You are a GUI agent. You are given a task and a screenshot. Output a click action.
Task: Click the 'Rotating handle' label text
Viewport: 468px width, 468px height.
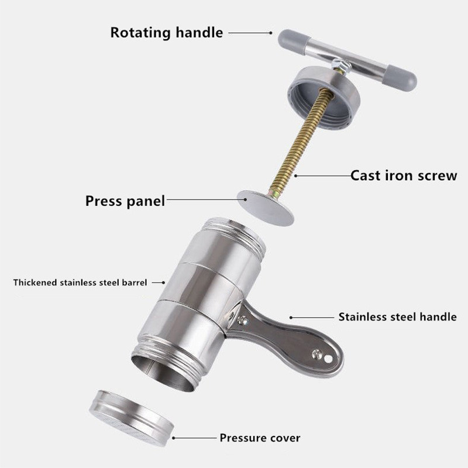[167, 33]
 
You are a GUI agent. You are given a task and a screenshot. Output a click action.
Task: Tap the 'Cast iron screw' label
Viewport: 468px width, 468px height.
[404, 175]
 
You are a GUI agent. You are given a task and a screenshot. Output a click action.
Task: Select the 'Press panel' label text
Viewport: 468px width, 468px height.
[125, 201]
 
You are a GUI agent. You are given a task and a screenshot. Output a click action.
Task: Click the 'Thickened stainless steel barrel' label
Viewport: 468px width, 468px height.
[80, 283]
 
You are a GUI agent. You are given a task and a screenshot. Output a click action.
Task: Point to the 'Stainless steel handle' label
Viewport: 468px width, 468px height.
[397, 316]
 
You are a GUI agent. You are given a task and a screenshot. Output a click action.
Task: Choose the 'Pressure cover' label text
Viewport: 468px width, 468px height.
[260, 438]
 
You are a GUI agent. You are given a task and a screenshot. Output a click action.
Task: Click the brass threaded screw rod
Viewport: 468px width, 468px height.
[301, 142]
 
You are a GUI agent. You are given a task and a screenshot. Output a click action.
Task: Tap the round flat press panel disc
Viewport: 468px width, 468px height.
[266, 208]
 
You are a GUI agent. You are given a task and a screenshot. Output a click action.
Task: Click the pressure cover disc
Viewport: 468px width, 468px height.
[131, 418]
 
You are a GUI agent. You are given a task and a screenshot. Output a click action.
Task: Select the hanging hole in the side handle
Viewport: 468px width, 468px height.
[328, 359]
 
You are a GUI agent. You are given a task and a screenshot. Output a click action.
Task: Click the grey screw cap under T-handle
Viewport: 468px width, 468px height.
[324, 97]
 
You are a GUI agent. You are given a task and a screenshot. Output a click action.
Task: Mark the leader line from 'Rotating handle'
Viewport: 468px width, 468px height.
[250, 33]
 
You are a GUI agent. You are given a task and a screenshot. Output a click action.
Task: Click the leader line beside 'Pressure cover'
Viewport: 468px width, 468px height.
[194, 438]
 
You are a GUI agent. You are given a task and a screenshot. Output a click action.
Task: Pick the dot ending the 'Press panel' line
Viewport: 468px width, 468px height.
[245, 199]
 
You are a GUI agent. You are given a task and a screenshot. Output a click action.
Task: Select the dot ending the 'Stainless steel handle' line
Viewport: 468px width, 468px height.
[291, 318]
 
